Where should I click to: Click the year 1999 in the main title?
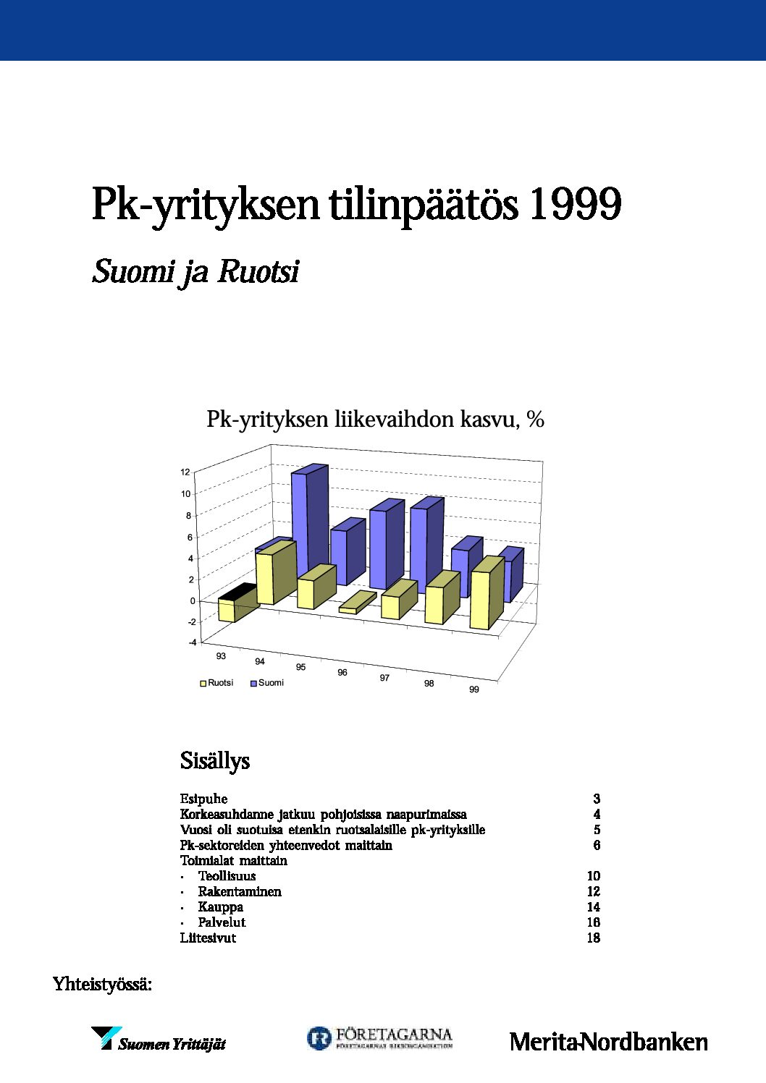(575, 205)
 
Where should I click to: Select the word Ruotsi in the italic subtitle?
(258, 272)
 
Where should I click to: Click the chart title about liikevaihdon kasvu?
(375, 419)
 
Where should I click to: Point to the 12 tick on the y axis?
(185, 472)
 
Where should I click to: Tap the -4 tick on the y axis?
(192, 642)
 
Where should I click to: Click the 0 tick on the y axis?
(193, 601)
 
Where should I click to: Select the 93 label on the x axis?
(221, 656)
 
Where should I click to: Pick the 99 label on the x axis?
(474, 689)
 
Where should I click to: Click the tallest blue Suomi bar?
(309, 521)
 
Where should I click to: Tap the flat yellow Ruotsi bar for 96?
(357, 603)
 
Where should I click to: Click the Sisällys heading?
(214, 761)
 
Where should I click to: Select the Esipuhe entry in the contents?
(203, 799)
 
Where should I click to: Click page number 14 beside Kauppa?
(594, 907)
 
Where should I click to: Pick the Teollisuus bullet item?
(227, 876)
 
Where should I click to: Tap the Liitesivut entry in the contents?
(208, 938)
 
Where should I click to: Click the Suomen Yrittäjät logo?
(159, 1040)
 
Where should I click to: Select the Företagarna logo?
(379, 1038)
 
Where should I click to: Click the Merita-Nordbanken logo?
(608, 1042)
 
